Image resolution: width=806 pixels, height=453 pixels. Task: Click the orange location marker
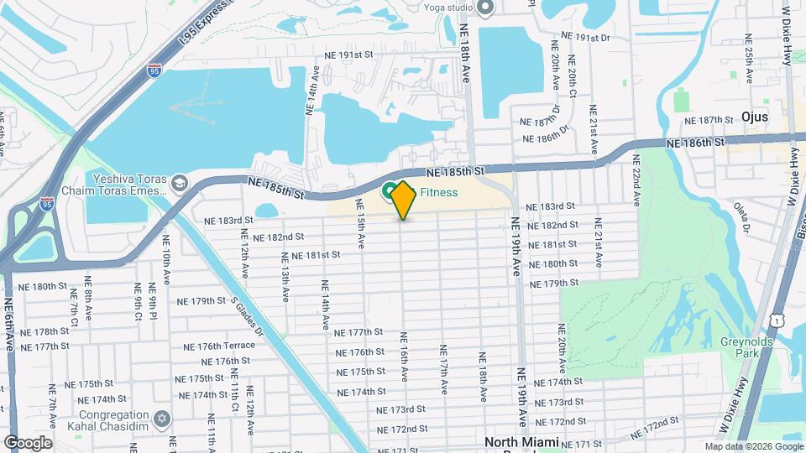coord(403,200)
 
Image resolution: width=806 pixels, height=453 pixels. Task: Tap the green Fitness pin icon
coord(391,192)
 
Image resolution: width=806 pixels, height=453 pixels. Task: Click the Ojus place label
coord(755,117)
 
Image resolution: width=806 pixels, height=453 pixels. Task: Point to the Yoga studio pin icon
coord(485,8)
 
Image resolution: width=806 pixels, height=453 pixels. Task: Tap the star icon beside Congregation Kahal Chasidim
coord(163,418)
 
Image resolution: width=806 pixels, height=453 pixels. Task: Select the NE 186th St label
coord(695,143)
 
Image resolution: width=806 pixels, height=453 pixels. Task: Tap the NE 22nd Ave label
coord(636,180)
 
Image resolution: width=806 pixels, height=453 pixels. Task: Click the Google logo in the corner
coord(28,443)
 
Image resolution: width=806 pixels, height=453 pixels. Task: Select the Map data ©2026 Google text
coord(753,446)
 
